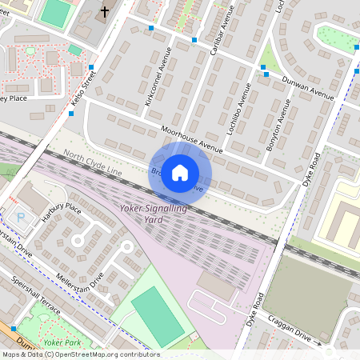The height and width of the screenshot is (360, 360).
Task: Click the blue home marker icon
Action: [x=180, y=172]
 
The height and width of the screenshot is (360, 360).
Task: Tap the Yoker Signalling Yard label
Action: [x=153, y=214]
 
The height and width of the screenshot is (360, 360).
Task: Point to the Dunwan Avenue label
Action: [x=308, y=88]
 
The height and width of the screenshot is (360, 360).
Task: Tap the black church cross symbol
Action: [x=104, y=12]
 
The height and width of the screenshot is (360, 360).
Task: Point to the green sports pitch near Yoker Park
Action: [x=158, y=317]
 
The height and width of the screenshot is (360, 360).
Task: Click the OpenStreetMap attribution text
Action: [x=80, y=354]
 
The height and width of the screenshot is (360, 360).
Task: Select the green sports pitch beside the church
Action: [x=55, y=12]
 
